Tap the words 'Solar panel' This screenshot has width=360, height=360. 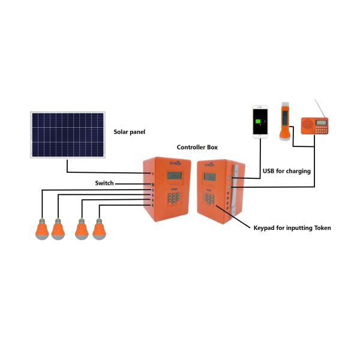tap(130, 131)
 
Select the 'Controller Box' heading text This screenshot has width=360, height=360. tap(197, 147)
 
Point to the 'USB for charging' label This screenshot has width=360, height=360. tap(287, 171)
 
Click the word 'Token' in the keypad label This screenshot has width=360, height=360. tap(319, 228)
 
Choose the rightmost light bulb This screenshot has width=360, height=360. tap(98, 230)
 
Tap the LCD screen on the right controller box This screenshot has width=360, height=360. tap(210, 176)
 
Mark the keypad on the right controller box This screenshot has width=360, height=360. tap(209, 199)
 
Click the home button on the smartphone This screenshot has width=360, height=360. tap(260, 136)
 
